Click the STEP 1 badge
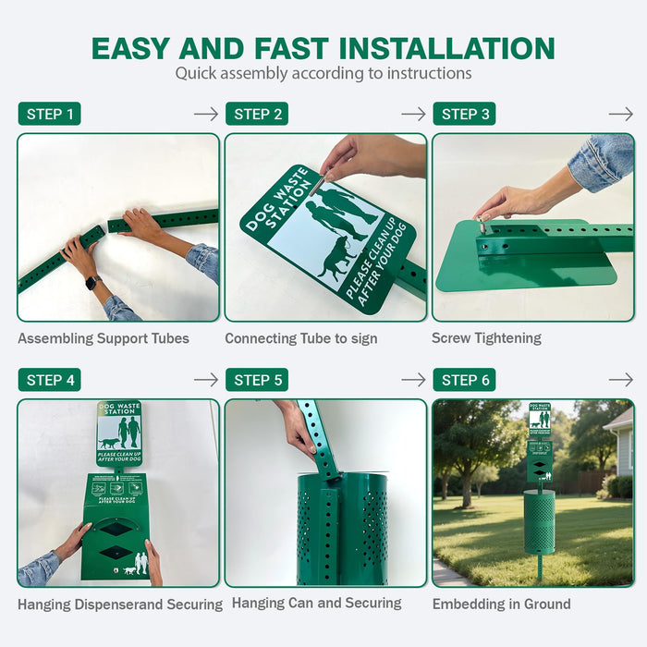(49, 114)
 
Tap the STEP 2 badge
(257, 114)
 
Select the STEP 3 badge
(464, 114)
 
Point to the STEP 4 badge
(49, 380)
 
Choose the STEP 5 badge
(257, 380)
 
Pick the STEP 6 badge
(464, 380)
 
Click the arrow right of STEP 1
(206, 114)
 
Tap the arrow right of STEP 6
(621, 380)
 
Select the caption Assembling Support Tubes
(104, 338)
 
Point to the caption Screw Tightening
(486, 338)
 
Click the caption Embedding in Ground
(502, 604)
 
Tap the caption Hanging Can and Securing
(316, 604)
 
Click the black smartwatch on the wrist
(92, 283)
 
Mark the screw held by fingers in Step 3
(482, 225)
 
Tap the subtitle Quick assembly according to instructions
(323, 73)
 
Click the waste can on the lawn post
(539, 521)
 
